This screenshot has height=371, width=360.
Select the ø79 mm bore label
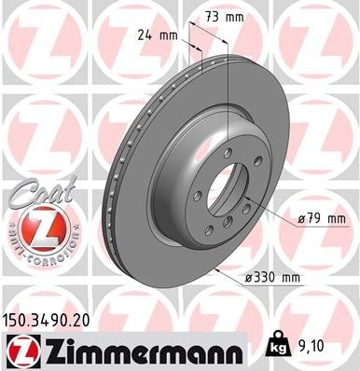(322, 218)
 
